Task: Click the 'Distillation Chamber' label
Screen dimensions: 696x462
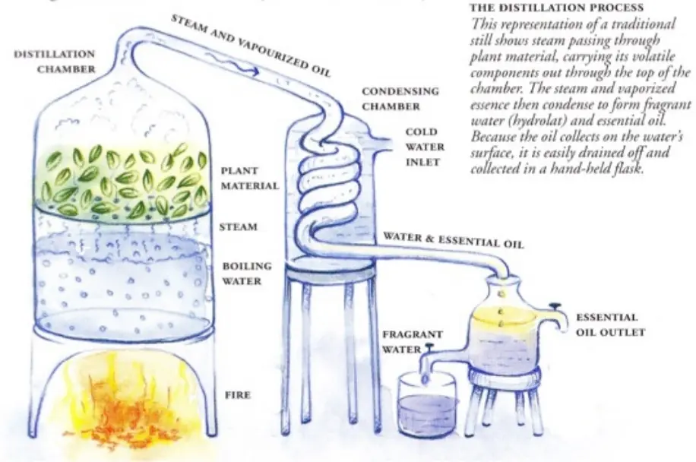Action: point(55,62)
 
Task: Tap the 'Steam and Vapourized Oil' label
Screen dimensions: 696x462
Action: point(252,46)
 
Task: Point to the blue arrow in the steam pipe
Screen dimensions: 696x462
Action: point(232,65)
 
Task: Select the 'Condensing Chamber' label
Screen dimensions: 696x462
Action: point(400,99)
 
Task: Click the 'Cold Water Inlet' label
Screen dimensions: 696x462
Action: point(425,147)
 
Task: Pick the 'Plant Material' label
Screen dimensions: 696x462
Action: point(250,178)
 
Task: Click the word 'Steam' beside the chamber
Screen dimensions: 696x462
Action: point(239,226)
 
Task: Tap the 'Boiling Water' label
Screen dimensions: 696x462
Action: point(247,274)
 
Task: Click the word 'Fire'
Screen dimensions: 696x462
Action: point(238,394)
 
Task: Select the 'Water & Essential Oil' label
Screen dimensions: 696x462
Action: point(454,239)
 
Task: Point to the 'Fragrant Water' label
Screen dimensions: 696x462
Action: point(413,341)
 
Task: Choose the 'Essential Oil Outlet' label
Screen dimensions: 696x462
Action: point(610,324)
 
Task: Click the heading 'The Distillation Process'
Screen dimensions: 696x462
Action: point(557,8)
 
